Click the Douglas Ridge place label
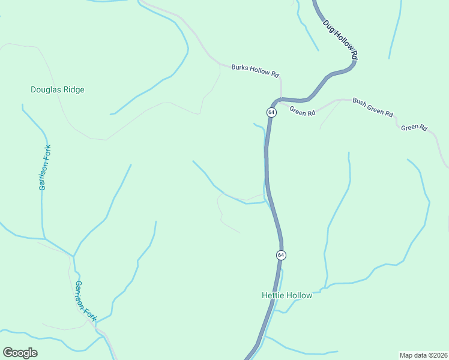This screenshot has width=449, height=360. pyautogui.click(x=58, y=90)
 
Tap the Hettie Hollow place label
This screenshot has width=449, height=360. pyautogui.click(x=287, y=295)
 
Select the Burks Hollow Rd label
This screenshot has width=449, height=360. pyautogui.click(x=255, y=71)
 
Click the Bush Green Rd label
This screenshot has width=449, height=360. pyautogui.click(x=372, y=107)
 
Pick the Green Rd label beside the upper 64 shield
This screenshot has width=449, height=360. pyautogui.click(x=302, y=112)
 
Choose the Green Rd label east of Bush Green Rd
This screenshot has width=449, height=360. pyautogui.click(x=414, y=127)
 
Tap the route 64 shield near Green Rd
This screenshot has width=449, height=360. pyautogui.click(x=271, y=112)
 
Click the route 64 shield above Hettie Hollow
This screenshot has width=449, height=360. pyautogui.click(x=280, y=255)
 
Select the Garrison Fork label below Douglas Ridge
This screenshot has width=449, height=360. pyautogui.click(x=45, y=168)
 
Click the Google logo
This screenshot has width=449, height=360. pyautogui.click(x=20, y=353)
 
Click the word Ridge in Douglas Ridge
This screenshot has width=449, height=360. pyautogui.click(x=74, y=90)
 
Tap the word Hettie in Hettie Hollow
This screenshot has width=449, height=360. pyautogui.click(x=273, y=295)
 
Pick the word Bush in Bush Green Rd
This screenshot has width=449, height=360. pyautogui.click(x=359, y=102)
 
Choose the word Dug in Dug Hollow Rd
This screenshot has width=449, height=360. pyautogui.click(x=328, y=26)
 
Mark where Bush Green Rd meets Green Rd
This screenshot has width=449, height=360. pyautogui.click(x=341, y=100)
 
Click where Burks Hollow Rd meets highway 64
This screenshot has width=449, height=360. pyautogui.click(x=281, y=98)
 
